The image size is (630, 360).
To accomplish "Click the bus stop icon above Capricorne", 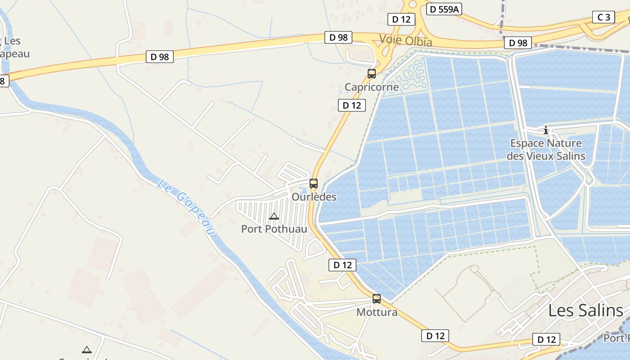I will pos(372,74).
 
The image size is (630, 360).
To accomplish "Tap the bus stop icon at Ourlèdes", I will pos(314,184).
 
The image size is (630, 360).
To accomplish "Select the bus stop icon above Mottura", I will pos(377,298).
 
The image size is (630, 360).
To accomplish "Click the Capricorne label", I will pos(372,87).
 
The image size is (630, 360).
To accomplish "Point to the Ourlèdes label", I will pos(314,197).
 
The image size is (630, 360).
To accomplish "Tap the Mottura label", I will pos(377,312).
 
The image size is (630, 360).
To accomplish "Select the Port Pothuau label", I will pos(274,229).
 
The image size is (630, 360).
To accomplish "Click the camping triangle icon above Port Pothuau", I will pos(274,216).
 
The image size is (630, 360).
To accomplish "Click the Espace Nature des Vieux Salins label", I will pos(546,150).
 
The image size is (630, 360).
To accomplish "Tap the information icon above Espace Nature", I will pos(546,130).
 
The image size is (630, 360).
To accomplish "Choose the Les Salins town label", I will pos(585,310).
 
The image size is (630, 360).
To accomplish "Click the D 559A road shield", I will pos(445,9).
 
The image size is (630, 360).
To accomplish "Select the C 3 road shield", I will pos(603,18).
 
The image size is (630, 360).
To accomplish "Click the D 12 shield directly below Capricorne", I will pos(352,105).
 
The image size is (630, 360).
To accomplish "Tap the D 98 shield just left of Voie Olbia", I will pos(338,37).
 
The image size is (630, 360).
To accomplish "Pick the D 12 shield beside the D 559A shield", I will pos(401,19).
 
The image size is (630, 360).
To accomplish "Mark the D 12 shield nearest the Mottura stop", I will pos(342,265).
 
